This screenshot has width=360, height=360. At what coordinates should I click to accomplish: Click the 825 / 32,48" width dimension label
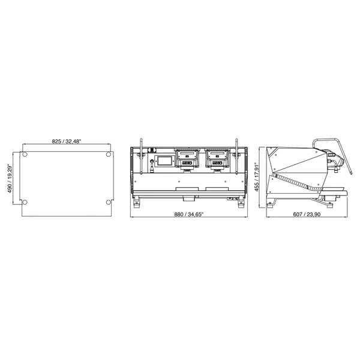(66, 141)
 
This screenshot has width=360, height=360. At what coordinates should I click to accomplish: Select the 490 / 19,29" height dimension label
(10, 180)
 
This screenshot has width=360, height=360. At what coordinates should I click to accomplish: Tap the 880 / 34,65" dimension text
(189, 214)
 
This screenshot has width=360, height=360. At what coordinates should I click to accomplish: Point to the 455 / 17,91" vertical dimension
(256, 176)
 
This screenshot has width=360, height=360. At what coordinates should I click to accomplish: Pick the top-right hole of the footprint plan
(107, 155)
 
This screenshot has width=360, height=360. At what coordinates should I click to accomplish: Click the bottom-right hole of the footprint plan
(107, 201)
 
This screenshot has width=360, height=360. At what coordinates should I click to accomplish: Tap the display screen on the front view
(163, 161)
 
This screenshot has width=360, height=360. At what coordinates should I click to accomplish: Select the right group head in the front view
(217, 159)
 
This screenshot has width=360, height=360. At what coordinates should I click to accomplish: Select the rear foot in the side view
(271, 202)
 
